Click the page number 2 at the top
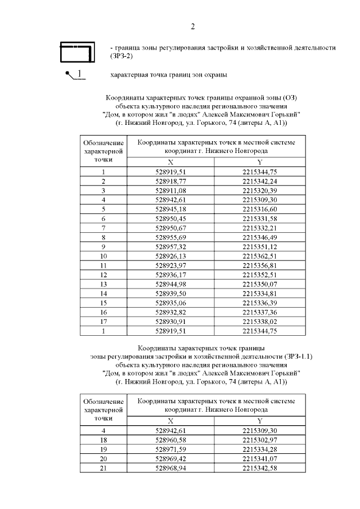pyautogui.click(x=193, y=26)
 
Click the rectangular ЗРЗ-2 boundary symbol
pyautogui.click(x=76, y=52)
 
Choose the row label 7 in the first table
pyautogui.click(x=103, y=227)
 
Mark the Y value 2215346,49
pyautogui.click(x=260, y=236)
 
